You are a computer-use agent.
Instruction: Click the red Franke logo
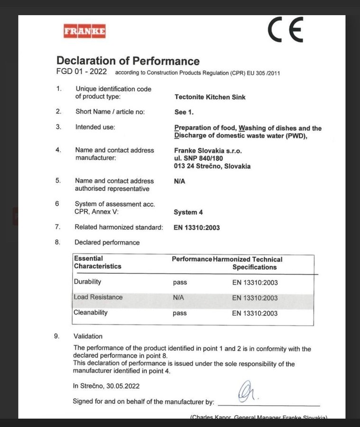coord(84,32)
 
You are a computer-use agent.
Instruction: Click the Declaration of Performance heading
coord(128,61)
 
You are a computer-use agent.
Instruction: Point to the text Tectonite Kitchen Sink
coord(210,97)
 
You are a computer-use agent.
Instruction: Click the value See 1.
coord(184,112)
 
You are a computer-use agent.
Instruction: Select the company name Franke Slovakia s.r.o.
coord(208,150)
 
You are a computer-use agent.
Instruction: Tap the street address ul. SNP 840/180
coord(199,158)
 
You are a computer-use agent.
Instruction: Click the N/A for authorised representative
coord(180,181)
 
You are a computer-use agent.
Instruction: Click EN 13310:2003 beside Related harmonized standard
coord(197,228)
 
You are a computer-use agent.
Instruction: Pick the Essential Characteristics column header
coord(97,262)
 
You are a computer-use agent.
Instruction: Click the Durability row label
coord(87,282)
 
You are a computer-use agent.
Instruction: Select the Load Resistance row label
coord(98,297)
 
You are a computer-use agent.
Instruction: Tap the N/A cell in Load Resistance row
coord(178,298)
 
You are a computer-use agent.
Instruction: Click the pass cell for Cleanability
coord(180,313)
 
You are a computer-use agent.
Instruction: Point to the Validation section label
coord(88,336)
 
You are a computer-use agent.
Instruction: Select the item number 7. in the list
coord(57,227)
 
